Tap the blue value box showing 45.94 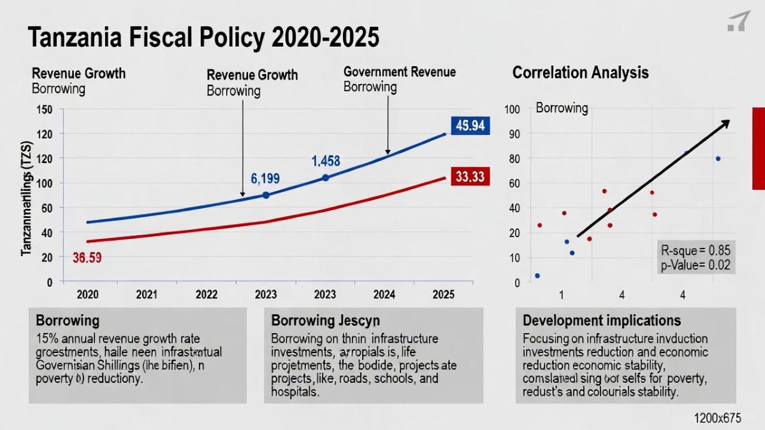(470, 125)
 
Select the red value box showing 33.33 (470, 176)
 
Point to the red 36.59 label (87, 258)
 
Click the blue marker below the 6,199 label (266, 195)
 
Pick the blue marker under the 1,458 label (325, 178)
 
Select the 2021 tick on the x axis (146, 295)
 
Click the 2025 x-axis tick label (443, 295)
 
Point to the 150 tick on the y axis (44, 109)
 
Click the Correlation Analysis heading (580, 72)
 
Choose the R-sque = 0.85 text (696, 250)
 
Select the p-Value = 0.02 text (696, 266)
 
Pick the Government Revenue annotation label (400, 72)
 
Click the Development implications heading (602, 320)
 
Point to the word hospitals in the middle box (293, 392)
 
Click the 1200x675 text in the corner (718, 418)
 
